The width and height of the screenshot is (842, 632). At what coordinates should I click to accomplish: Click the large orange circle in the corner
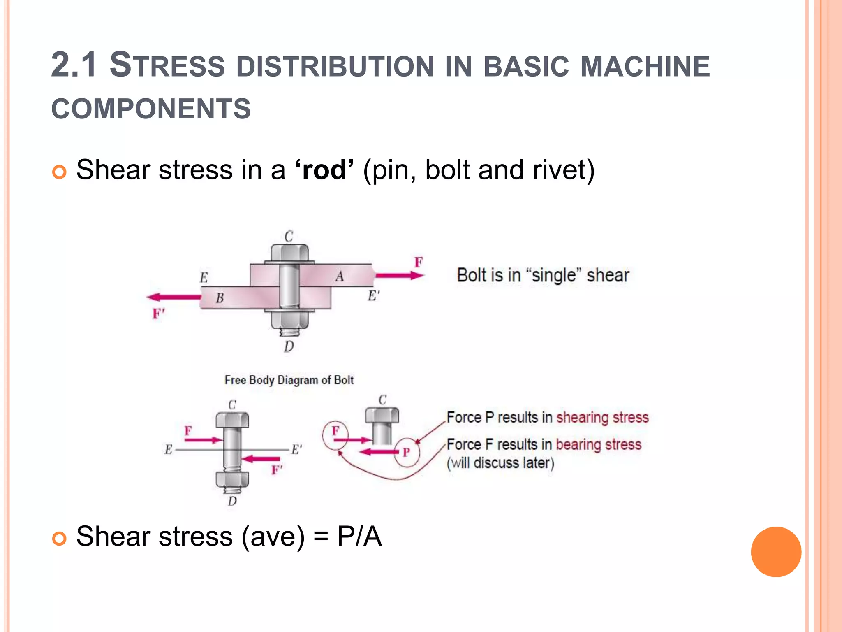tap(776, 552)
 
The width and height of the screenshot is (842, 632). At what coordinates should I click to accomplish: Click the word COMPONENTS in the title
tap(151, 109)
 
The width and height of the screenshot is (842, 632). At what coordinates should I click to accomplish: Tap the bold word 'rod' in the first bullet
tap(324, 170)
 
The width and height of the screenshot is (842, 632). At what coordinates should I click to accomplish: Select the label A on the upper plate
tap(339, 276)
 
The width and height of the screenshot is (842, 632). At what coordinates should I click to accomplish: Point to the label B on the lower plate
tap(220, 297)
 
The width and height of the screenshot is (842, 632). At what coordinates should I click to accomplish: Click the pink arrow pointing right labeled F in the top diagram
tap(399, 275)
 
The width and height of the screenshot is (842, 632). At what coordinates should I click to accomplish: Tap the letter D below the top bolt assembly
tap(289, 346)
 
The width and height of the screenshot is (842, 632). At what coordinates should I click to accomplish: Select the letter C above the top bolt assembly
tap(289, 237)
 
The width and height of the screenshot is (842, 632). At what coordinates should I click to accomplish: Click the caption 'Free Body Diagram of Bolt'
tap(289, 380)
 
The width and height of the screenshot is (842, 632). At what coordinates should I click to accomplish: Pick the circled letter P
tap(407, 452)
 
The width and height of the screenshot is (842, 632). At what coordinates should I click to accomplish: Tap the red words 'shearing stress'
tap(602, 417)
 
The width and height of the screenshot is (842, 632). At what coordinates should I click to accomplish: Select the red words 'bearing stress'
tap(599, 444)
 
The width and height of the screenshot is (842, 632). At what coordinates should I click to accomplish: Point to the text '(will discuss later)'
tap(501, 463)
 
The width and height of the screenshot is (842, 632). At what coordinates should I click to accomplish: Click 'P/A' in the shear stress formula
tap(359, 537)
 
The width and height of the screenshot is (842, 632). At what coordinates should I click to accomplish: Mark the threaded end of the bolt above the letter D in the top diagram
tap(289, 332)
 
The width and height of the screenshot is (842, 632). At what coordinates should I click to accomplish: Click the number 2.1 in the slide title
tap(74, 65)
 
